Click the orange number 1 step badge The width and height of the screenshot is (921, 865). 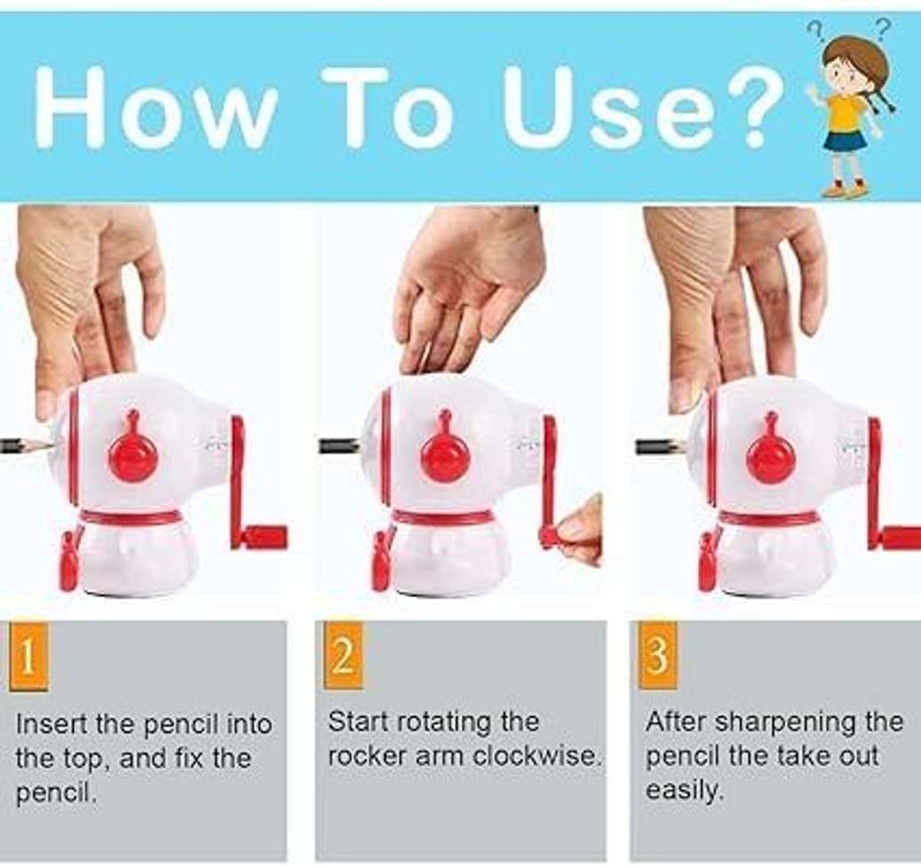click(28, 655)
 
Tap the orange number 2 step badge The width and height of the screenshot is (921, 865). click(343, 655)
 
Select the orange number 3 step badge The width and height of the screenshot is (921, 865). click(658, 655)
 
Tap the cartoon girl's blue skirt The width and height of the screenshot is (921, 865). click(844, 141)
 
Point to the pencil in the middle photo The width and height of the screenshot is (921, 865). click(339, 446)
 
